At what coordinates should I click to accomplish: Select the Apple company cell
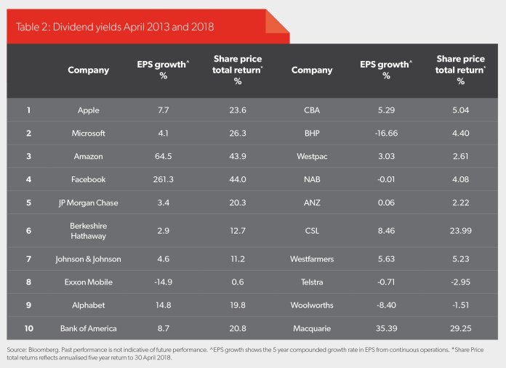[89, 110]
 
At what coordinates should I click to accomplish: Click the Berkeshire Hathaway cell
[89, 232]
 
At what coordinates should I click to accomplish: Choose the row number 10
[29, 329]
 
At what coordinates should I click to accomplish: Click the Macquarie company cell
[312, 329]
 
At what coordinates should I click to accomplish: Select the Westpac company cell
[312, 157]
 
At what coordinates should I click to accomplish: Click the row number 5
[29, 203]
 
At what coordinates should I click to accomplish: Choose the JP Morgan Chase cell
[89, 203]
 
